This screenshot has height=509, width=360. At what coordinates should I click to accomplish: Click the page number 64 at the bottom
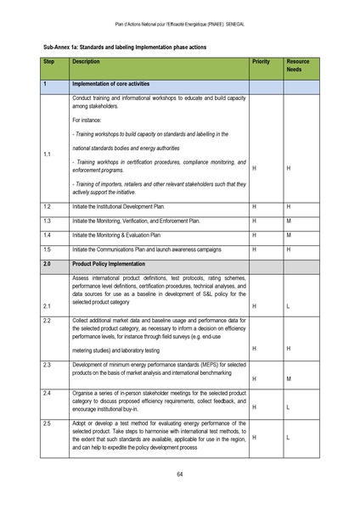180,473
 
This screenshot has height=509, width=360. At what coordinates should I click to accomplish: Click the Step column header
49,63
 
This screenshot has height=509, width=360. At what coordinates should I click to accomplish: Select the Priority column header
261,63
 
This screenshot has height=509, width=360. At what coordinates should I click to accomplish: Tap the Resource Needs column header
298,66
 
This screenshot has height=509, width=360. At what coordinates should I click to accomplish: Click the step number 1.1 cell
48,154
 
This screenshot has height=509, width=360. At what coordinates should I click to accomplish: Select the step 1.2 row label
48,206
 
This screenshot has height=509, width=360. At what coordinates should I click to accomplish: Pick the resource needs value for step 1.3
290,220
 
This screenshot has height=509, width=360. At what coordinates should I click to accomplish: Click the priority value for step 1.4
254,234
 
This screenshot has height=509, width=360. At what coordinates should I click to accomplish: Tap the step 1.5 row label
48,249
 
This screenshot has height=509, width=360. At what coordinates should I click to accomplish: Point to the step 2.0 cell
48,263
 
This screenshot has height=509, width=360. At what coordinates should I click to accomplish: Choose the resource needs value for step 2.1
290,305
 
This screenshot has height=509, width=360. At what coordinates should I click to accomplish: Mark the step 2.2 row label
48,320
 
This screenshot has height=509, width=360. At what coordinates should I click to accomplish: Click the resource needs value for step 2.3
290,378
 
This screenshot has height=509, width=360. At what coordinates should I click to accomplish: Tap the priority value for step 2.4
254,407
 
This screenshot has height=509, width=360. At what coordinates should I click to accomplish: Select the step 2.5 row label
48,422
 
